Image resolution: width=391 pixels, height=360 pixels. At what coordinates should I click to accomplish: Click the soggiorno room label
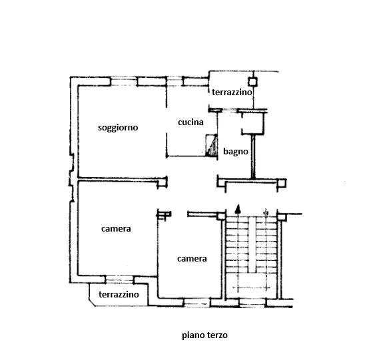tap(118, 128)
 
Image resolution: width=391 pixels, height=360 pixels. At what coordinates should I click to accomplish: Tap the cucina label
tap(191, 122)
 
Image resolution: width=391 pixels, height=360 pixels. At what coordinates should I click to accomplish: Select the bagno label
tap(236, 152)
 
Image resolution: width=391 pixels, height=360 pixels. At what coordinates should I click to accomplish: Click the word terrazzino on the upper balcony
tap(232, 92)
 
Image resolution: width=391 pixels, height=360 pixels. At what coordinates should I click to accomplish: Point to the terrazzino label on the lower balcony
tap(119, 295)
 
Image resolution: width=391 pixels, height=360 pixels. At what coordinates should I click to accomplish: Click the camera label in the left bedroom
tap(116, 229)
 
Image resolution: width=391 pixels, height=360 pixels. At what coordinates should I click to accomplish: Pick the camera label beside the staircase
tap(192, 259)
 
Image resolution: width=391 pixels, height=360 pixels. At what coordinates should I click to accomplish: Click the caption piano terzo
tap(204, 335)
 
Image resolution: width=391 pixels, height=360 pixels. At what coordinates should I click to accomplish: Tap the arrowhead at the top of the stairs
tap(238, 209)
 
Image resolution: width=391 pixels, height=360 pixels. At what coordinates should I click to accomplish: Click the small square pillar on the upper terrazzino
tap(252, 82)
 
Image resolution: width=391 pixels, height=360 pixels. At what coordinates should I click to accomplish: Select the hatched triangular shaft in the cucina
tap(211, 146)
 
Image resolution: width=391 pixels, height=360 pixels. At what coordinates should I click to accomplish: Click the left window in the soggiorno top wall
tap(124, 81)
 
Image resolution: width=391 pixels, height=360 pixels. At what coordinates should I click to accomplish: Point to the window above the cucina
tap(175, 81)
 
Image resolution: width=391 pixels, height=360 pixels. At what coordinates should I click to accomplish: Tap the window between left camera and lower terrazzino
tap(120, 279)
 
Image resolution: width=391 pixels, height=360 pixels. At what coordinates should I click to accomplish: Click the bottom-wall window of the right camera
tap(197, 303)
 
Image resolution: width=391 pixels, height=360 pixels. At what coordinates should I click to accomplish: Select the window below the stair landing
tap(252, 303)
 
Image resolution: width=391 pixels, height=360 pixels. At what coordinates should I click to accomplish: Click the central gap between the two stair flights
tap(252, 245)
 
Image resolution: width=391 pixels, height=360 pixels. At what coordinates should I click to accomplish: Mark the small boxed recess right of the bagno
tap(252, 124)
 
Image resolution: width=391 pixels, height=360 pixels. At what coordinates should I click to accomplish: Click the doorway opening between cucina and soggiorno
tap(167, 120)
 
